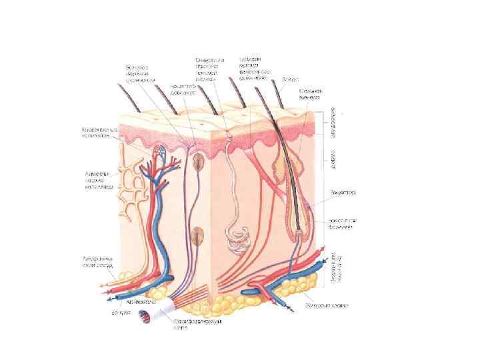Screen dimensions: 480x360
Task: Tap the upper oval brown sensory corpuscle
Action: click(198, 161)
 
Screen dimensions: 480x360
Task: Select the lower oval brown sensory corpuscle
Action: click(197, 235)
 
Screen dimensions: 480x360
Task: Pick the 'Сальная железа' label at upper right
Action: click(311, 93)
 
